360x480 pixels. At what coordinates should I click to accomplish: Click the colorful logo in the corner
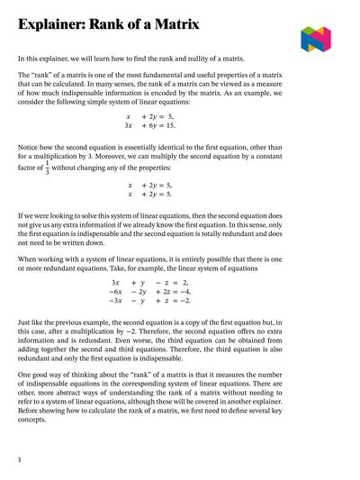pyautogui.click(x=316, y=39)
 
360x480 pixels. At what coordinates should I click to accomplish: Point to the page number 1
pyautogui.click(x=20, y=459)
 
